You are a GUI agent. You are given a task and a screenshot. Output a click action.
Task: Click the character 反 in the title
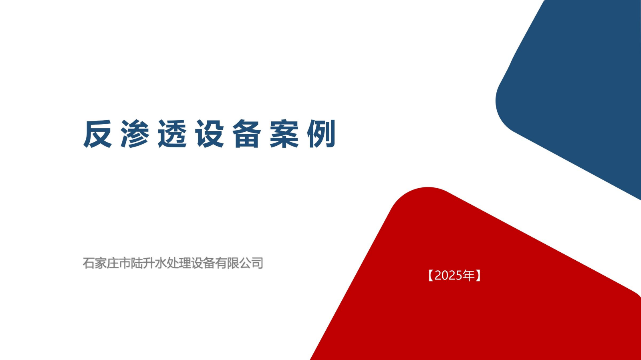click(97, 134)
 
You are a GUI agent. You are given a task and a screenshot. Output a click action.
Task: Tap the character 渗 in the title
click(135, 134)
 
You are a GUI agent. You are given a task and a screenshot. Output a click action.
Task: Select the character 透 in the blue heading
click(172, 134)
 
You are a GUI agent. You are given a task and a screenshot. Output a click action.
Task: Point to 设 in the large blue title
click(210, 134)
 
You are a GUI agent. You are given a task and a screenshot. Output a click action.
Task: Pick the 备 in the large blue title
click(247, 134)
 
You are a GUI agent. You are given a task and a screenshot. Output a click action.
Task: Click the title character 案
click(284, 134)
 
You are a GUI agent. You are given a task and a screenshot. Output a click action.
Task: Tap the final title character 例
click(321, 134)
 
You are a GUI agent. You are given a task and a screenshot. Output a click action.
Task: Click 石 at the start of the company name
click(89, 263)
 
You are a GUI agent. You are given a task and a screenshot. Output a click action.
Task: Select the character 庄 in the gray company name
click(113, 263)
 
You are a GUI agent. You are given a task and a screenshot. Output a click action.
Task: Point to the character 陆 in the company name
click(137, 263)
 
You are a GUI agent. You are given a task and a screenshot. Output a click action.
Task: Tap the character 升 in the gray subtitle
click(149, 263)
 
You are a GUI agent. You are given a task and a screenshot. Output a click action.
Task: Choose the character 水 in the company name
click(161, 263)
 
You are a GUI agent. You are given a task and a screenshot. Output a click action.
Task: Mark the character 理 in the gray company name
click(185, 263)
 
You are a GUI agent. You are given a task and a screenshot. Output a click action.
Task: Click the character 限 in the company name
click(233, 263)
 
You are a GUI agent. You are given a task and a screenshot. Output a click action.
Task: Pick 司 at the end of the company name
click(257, 263)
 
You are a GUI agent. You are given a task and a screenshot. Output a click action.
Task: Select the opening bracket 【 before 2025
click(431, 276)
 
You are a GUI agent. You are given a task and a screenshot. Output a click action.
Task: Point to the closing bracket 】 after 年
click(478, 276)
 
